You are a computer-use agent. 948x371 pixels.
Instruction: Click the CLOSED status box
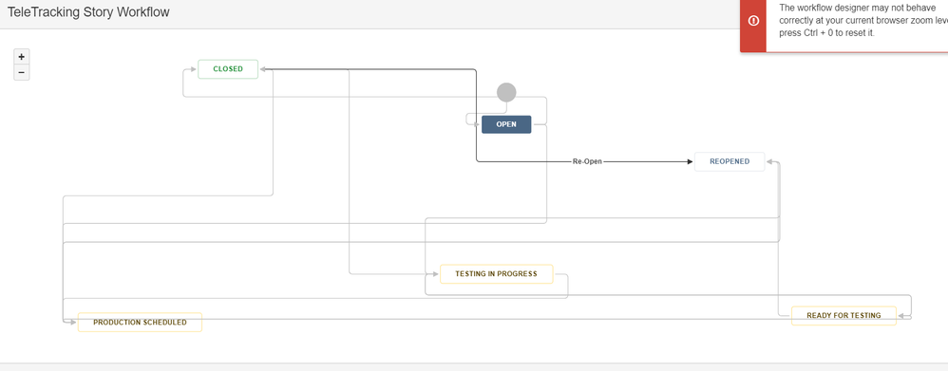pyautogui.click(x=228, y=69)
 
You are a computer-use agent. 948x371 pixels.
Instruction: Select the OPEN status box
pyautogui.click(x=506, y=124)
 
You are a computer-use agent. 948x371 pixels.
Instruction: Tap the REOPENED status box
pyautogui.click(x=730, y=161)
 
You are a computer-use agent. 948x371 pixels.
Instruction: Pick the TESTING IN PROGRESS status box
pyautogui.click(x=496, y=274)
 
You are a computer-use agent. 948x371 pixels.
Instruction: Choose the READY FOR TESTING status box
pyautogui.click(x=844, y=315)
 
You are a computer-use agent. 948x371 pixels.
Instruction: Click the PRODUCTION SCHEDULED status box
pyautogui.click(x=140, y=323)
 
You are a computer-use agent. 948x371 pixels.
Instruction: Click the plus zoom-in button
pyautogui.click(x=22, y=57)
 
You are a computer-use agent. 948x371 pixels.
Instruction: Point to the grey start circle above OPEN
pyautogui.click(x=507, y=92)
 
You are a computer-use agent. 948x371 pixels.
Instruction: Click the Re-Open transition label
pyautogui.click(x=587, y=161)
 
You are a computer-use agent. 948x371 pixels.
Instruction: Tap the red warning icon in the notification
pyautogui.click(x=754, y=21)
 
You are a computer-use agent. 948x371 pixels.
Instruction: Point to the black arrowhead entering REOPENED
pyautogui.click(x=690, y=161)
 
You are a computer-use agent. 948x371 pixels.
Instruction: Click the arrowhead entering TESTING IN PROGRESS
pyautogui.click(x=435, y=274)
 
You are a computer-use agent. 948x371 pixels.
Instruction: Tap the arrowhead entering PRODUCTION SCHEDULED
pyautogui.click(x=73, y=323)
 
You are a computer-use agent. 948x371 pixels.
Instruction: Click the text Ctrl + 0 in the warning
pyautogui.click(x=826, y=32)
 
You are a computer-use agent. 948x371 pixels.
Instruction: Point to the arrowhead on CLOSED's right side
pyautogui.click(x=263, y=69)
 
